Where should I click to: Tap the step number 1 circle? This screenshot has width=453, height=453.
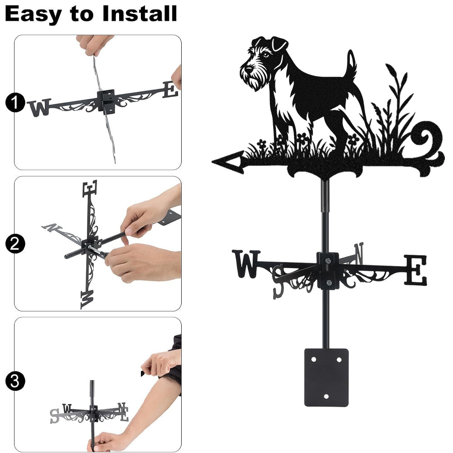(x=15, y=102)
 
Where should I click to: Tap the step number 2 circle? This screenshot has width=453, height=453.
(x=15, y=244)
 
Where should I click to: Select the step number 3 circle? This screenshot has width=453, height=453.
(x=15, y=381)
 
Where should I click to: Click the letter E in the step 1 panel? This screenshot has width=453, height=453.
(x=170, y=89)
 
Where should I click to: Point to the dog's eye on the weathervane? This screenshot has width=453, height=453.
(x=266, y=55)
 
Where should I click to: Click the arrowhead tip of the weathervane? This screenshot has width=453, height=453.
(x=212, y=162)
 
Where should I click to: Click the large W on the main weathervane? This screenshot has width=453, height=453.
(x=246, y=264)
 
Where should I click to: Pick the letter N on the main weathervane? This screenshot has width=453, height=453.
(x=359, y=253)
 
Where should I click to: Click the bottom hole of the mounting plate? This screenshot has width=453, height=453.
(x=326, y=396)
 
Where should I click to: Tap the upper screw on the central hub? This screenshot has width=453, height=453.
(x=328, y=261)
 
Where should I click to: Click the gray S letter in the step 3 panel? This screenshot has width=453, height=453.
(x=54, y=416)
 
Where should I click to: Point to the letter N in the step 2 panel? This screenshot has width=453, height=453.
(x=52, y=227)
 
